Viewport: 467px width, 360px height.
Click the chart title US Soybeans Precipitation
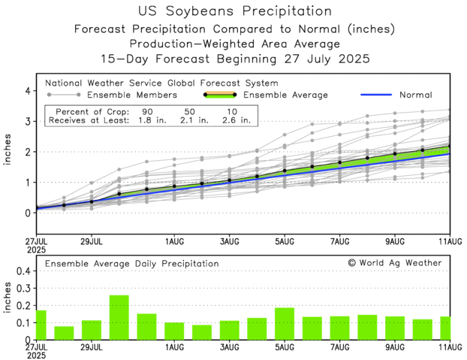(x=234, y=11)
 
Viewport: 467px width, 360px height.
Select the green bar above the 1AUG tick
(x=174, y=331)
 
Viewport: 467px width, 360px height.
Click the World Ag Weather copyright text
(x=394, y=263)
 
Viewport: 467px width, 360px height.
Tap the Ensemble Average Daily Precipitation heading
(x=132, y=264)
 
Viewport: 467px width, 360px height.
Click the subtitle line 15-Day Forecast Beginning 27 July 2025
(x=234, y=58)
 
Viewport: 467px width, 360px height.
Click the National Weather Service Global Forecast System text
(x=161, y=83)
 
